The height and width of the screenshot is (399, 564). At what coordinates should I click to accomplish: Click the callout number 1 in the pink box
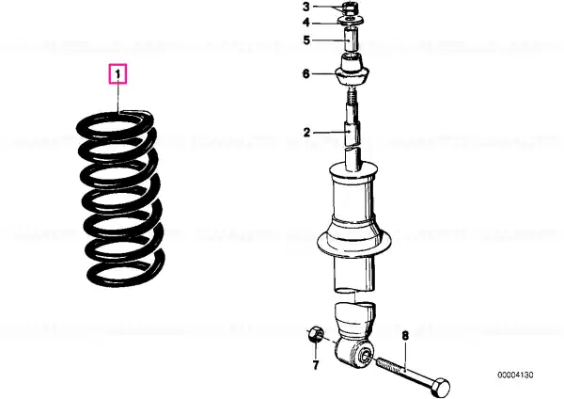pos(117,74)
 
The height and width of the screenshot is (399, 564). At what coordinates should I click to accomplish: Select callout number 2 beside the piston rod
pos(306,133)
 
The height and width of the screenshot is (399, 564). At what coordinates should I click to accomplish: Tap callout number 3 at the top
pos(306,7)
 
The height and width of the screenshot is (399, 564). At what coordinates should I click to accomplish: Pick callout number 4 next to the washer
pos(306,23)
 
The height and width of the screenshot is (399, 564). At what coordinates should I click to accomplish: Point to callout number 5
pos(306,40)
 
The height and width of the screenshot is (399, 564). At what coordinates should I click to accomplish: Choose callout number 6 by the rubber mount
pos(306,73)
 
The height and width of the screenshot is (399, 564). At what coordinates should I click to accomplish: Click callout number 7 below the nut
pos(316,365)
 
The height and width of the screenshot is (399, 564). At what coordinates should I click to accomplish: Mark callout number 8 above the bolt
pos(405,336)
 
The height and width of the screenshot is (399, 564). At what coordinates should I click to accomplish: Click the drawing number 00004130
pos(515,375)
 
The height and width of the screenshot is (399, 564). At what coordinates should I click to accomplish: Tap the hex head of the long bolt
pos(440,387)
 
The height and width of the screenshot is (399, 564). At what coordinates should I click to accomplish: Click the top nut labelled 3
pos(350,8)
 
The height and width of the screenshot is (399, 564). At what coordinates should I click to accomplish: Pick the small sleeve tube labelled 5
pos(352,40)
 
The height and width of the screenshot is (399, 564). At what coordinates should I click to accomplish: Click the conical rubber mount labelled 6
pos(352,72)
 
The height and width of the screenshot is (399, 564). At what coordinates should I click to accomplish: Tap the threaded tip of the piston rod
pos(352,96)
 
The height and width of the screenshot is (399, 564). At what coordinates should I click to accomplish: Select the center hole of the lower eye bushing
pos(366,356)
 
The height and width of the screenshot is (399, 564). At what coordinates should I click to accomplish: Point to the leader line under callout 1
pos(117,97)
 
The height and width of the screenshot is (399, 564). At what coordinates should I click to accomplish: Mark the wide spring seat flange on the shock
pos(354,239)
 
